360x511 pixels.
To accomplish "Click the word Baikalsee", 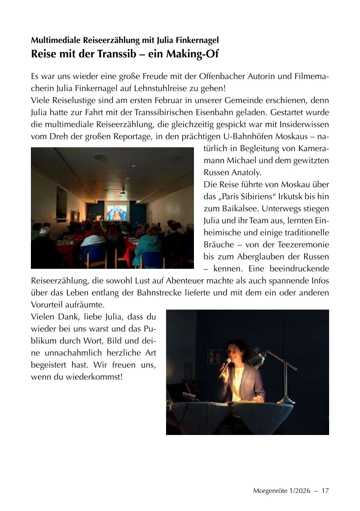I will tap(227, 209).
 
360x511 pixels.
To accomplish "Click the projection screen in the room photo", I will tap(117, 213).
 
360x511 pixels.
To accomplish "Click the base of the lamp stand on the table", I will tap(285, 401).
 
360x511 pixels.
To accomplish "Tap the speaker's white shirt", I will tap(238, 378).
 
